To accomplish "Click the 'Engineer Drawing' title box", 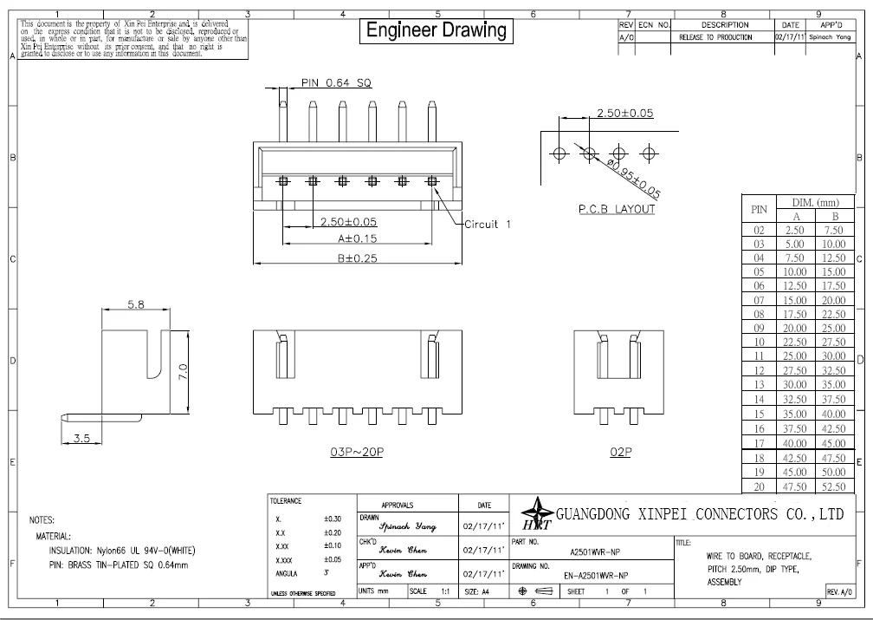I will click(x=436, y=29).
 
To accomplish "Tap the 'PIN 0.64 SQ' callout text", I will click(x=336, y=83).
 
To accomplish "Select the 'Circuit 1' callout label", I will click(x=488, y=224).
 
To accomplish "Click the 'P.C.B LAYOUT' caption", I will click(x=616, y=209).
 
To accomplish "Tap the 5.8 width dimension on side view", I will click(x=136, y=305).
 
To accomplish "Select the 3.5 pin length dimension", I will click(x=82, y=439).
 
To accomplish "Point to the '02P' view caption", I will click(x=619, y=453).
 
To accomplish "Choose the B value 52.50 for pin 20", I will click(x=834, y=487).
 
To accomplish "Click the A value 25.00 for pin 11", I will click(x=795, y=356).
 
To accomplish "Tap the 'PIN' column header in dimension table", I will click(x=759, y=209).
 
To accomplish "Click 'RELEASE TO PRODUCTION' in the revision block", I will click(x=716, y=37).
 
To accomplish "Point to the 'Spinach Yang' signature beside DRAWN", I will click(x=407, y=526).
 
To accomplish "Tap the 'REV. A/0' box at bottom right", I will click(x=839, y=591).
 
